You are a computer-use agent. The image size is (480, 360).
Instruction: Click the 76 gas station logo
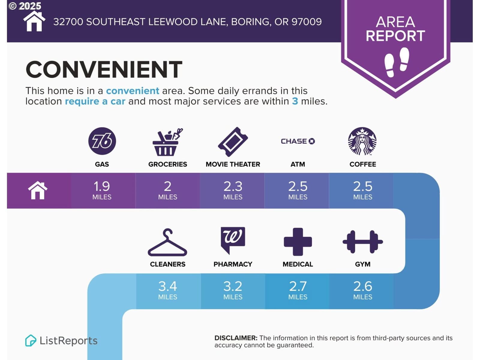[102, 141]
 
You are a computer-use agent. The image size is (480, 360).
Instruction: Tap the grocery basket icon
[167, 142]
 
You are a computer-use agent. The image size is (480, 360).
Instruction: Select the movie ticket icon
[233, 142]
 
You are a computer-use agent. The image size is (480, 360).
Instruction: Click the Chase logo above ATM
[298, 141]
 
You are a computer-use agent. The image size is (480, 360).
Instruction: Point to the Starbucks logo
[362, 141]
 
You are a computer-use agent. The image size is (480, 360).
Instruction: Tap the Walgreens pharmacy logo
[233, 241]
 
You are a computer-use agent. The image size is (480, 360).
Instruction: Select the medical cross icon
[298, 242]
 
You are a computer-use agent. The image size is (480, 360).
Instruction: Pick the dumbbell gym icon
[363, 242]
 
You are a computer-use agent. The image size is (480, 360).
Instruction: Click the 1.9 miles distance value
[102, 190]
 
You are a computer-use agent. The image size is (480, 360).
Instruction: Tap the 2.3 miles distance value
[233, 190]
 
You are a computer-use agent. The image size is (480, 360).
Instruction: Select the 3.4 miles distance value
[168, 290]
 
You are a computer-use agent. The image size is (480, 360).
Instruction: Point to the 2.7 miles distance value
[298, 290]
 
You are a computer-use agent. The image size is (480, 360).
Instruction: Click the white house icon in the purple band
[37, 190]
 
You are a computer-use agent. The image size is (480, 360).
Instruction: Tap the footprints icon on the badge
[397, 62]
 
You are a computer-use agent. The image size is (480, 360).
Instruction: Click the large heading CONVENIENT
[104, 69]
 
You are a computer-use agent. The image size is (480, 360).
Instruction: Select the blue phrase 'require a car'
[95, 101]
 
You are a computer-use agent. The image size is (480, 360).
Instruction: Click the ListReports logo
[61, 340]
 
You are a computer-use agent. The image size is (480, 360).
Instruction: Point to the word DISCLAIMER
[236, 338]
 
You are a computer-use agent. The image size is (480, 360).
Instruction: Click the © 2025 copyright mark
[25, 6]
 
